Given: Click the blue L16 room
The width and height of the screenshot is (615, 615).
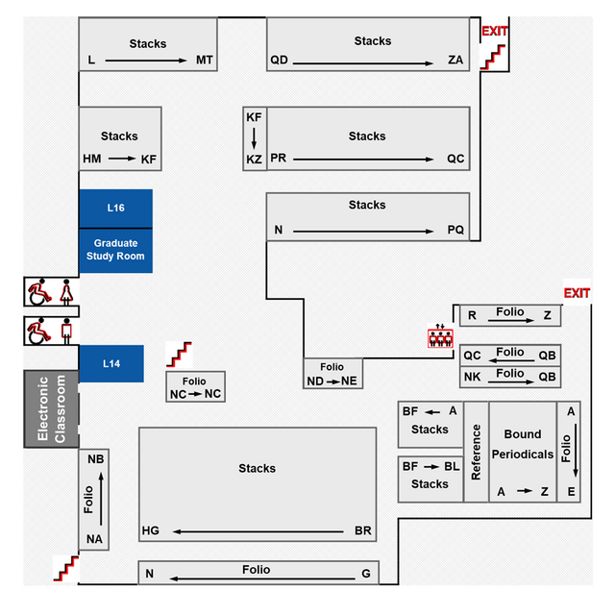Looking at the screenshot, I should (115, 208).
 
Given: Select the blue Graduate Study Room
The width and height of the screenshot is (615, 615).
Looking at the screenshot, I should (115, 250).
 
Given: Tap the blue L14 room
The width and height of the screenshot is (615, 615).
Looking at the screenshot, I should (111, 363).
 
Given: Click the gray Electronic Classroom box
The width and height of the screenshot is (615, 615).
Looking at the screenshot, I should (50, 409).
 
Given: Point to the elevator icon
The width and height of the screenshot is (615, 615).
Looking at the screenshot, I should (439, 337).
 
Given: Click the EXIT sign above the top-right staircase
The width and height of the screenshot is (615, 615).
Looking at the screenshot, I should (494, 32).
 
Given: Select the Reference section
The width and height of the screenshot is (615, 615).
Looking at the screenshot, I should (476, 451).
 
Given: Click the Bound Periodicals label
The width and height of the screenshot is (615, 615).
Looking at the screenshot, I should (522, 444).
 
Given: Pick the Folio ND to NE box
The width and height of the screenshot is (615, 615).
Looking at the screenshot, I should (332, 374).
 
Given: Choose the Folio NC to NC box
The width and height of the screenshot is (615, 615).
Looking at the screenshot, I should (195, 388).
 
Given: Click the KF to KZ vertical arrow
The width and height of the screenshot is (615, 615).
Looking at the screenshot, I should (254, 138).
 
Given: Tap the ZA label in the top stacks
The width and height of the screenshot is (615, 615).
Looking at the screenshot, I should (455, 61).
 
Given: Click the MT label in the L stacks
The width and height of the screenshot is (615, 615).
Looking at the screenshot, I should (205, 61).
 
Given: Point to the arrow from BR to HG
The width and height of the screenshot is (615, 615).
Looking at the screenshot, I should (259, 531).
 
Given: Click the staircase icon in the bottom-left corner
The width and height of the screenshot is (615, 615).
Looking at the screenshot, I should (65, 567).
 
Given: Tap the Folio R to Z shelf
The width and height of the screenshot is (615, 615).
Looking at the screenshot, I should (509, 314).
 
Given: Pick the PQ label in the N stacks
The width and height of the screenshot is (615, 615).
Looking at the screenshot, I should (455, 231).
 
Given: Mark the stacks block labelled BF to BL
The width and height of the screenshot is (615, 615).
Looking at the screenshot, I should (430, 478).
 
